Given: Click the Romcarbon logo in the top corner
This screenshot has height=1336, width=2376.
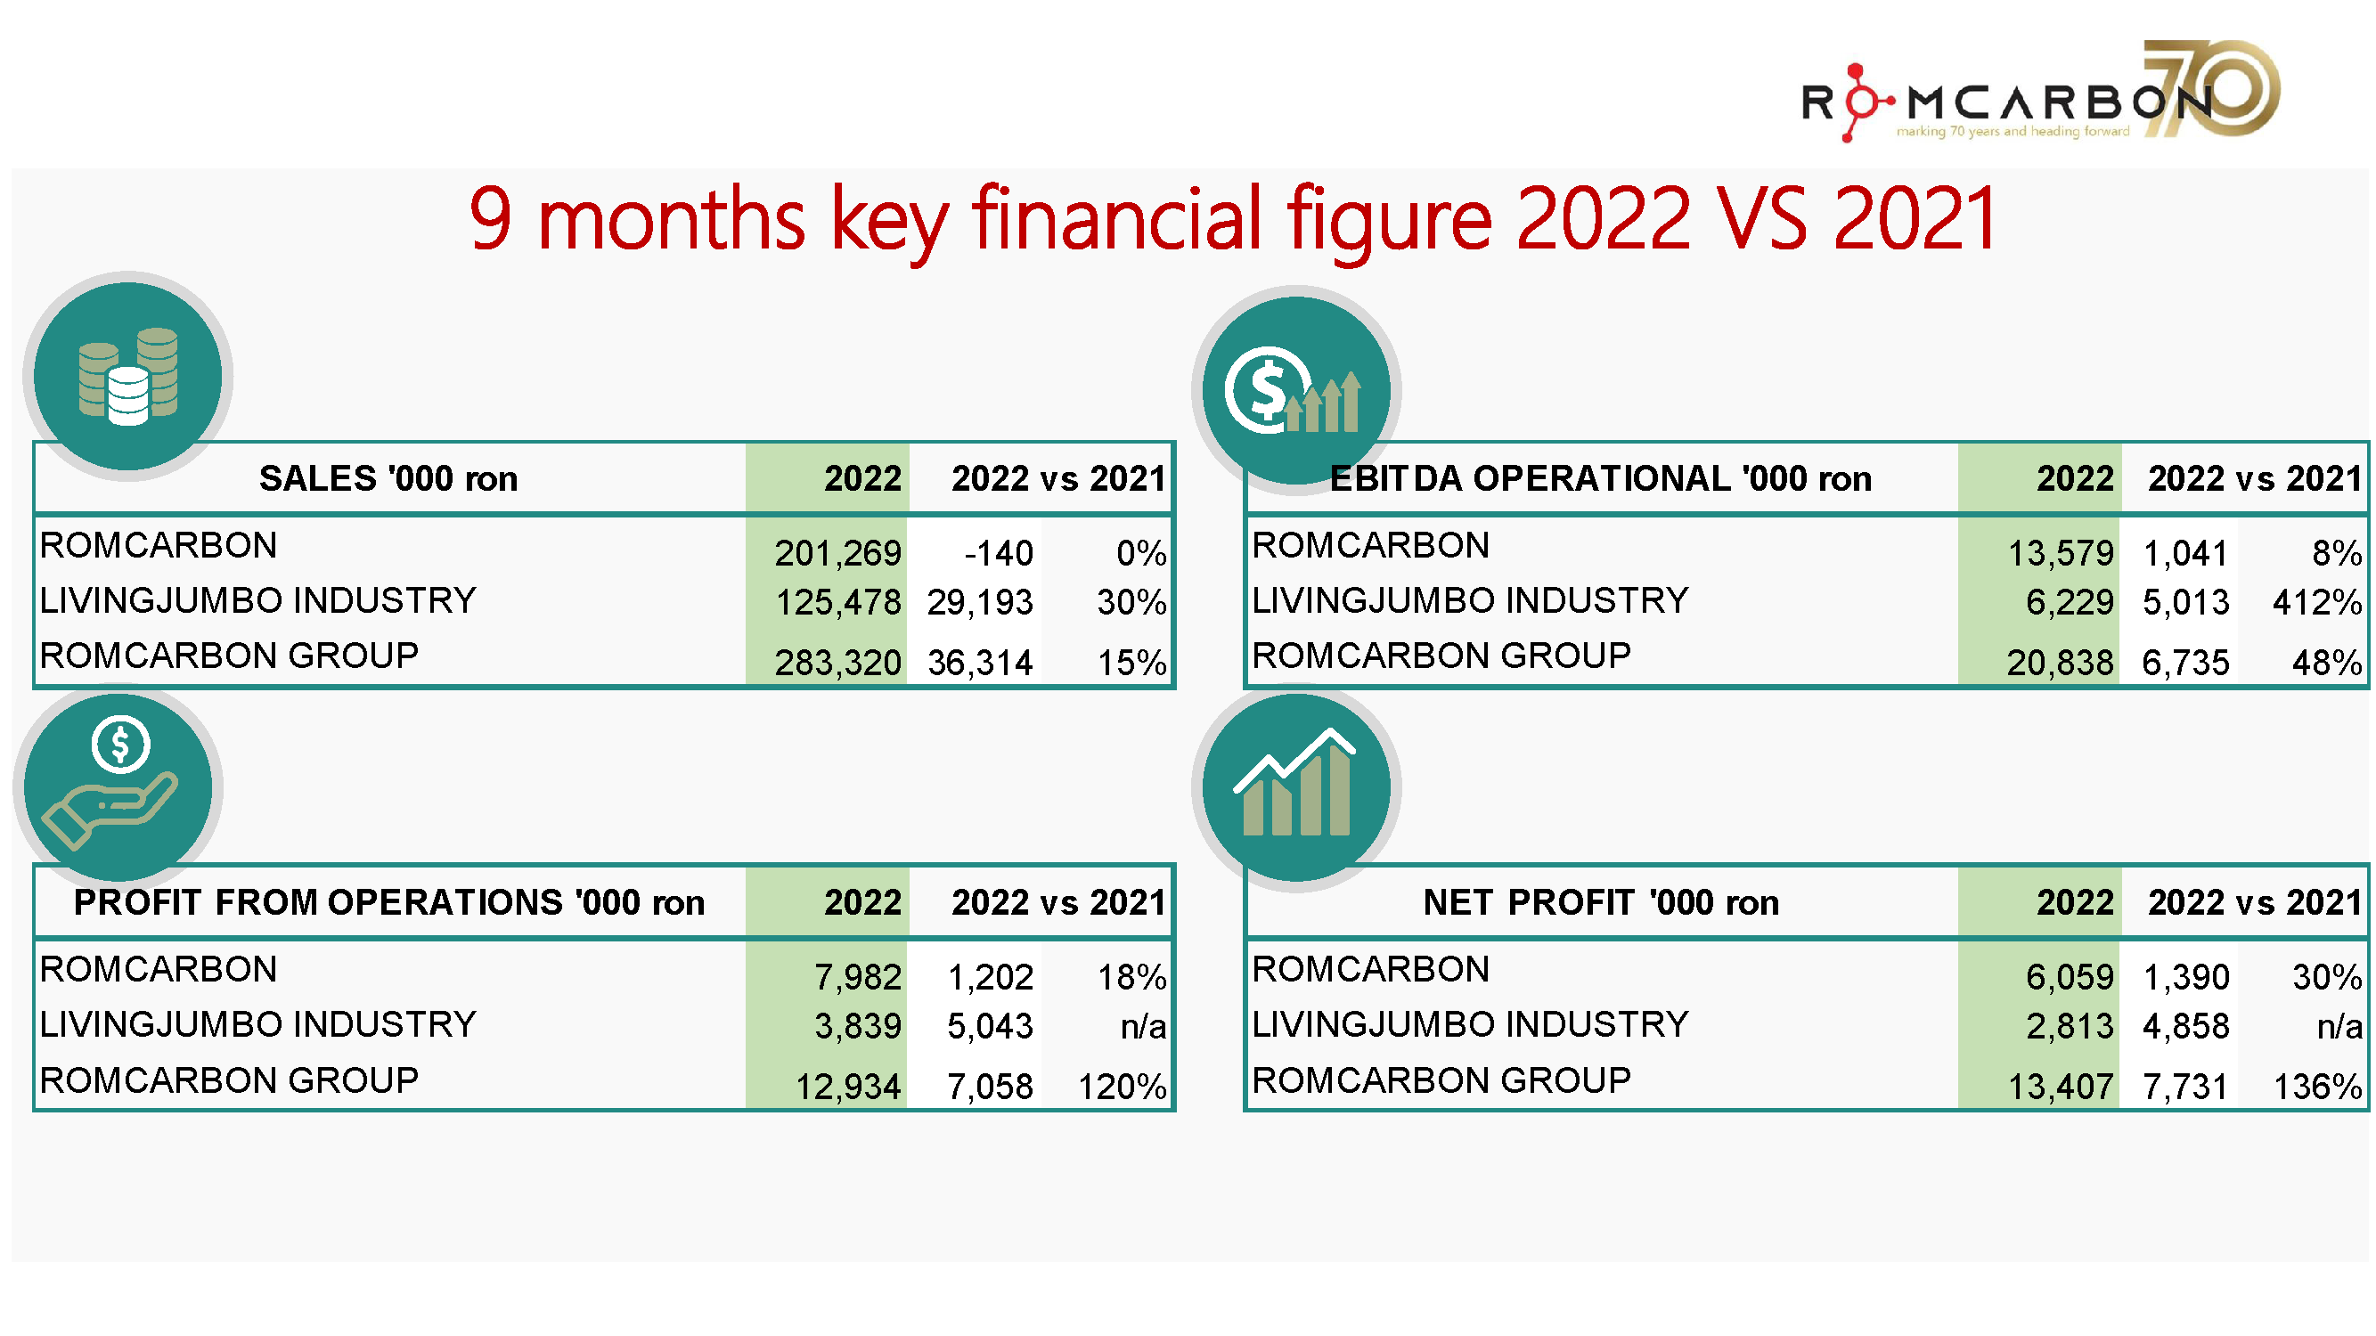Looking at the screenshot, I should click(2038, 93).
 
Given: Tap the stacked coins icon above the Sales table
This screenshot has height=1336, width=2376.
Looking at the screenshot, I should click(127, 376).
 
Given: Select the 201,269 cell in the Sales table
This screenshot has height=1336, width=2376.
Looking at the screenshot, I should click(837, 553).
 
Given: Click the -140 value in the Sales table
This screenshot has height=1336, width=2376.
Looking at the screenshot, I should click(998, 553).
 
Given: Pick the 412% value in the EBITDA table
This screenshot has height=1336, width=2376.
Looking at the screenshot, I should click(2316, 602).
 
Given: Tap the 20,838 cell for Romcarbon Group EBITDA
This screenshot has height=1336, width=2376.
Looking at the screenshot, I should click(2059, 662).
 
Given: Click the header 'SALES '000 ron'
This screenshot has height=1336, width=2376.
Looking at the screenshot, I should click(388, 478).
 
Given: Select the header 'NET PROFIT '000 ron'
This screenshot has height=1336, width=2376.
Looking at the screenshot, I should click(1600, 901).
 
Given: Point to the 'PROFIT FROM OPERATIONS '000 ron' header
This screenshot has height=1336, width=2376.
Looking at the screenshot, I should click(388, 901).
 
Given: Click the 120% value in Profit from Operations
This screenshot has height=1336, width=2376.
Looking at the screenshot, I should click(1122, 1086).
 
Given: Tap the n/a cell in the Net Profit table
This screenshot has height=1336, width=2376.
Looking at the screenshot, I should click(2339, 1025).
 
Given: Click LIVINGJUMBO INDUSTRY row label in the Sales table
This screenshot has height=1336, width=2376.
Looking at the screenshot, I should click(257, 600).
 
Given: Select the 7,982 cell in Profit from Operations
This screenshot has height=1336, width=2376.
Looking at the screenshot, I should click(857, 976).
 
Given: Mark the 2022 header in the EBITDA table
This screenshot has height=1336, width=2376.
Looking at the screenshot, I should click(2074, 478).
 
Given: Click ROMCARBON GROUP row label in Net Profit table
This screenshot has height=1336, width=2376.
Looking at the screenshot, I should click(1441, 1079).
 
